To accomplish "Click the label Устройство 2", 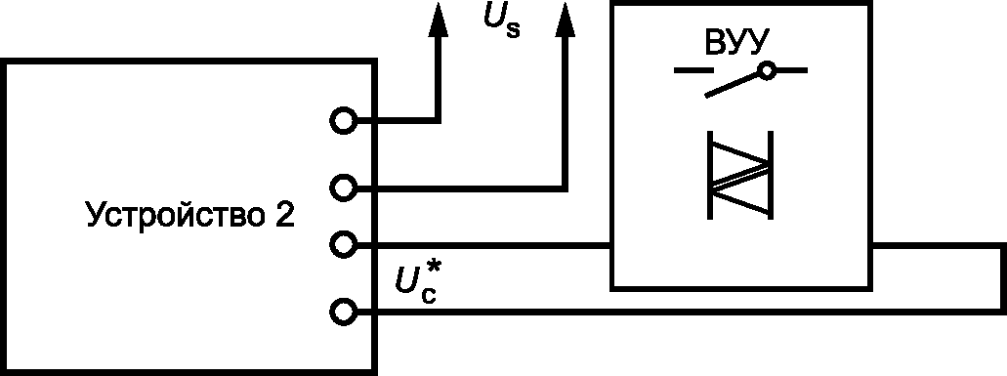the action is [x=190, y=214].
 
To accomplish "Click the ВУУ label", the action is [x=736, y=42].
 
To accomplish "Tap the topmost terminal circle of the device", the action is [x=343, y=121].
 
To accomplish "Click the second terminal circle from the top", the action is [x=343, y=188].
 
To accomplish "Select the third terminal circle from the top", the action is [x=343, y=245].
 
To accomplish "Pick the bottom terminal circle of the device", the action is [x=343, y=312].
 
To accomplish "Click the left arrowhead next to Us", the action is [x=438, y=20].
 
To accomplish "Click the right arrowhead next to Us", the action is [x=565, y=20].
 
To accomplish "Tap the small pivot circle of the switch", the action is [x=766, y=70].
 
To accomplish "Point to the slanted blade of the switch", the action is [x=733, y=84].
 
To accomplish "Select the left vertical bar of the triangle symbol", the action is [x=710, y=175].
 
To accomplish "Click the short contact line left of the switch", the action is [x=693, y=70].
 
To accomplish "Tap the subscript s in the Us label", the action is [x=513, y=31].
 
